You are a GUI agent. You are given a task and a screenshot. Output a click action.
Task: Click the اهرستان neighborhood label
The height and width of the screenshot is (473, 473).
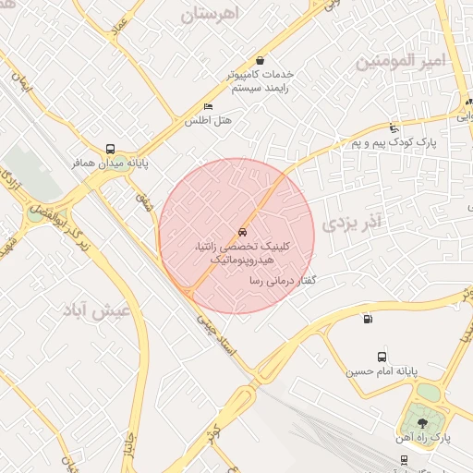click(x=223, y=15)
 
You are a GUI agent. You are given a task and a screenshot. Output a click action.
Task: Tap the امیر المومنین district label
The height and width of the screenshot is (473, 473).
click(x=399, y=61)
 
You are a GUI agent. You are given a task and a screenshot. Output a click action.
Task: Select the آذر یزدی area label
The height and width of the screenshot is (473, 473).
click(x=353, y=222)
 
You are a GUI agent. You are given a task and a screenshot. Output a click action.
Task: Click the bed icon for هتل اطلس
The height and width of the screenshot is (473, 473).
click(x=208, y=107)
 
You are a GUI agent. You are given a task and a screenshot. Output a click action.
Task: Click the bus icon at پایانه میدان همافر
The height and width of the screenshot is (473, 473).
click(x=111, y=149)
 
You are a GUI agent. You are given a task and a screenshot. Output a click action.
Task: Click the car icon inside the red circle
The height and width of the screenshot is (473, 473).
click(x=242, y=232)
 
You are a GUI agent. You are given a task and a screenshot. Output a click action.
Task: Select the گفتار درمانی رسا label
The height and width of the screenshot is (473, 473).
click(x=277, y=278)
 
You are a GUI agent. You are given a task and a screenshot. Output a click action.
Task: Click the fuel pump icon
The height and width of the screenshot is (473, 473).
click(x=369, y=320)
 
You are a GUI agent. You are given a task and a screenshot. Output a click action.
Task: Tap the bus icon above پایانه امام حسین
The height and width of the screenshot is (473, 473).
click(x=382, y=358)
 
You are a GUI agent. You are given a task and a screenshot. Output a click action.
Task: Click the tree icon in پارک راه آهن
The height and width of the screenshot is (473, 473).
click(x=423, y=421)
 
